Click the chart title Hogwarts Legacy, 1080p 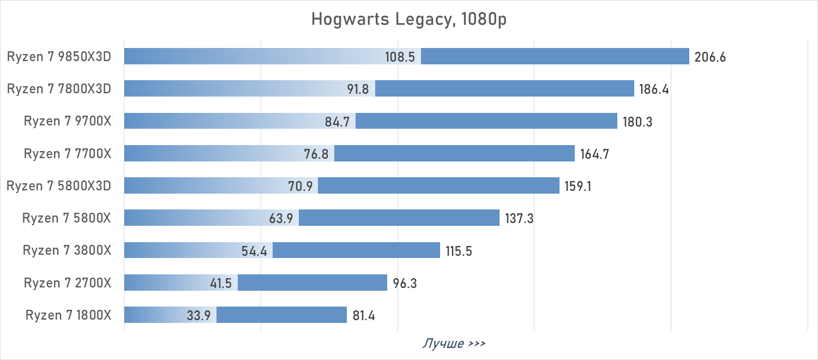(409, 19)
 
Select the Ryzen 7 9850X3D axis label (59, 56)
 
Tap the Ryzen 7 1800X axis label (68, 315)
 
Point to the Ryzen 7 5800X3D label (59, 185)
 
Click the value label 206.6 (710, 57)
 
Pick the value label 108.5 (400, 57)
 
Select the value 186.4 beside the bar (654, 89)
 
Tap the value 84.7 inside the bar (337, 122)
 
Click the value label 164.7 (594, 154)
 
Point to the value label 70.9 (300, 186)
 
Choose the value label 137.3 (519, 218)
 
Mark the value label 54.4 (254, 251)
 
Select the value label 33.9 (199, 315)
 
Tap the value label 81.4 (364, 315)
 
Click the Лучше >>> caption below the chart (454, 344)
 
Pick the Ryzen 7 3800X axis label (67, 250)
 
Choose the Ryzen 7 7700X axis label (68, 153)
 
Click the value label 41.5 (220, 283)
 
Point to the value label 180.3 (637, 122)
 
